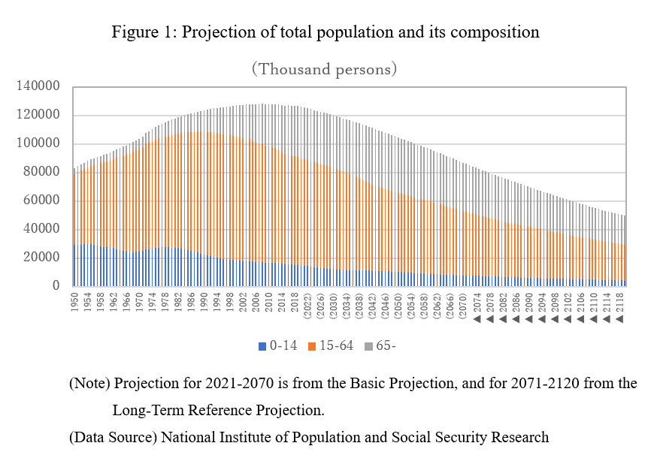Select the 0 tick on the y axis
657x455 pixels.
point(56,285)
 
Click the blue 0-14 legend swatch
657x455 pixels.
point(262,346)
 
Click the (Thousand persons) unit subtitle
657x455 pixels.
point(324,69)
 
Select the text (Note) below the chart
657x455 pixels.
point(89,384)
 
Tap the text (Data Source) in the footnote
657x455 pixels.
point(113,437)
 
